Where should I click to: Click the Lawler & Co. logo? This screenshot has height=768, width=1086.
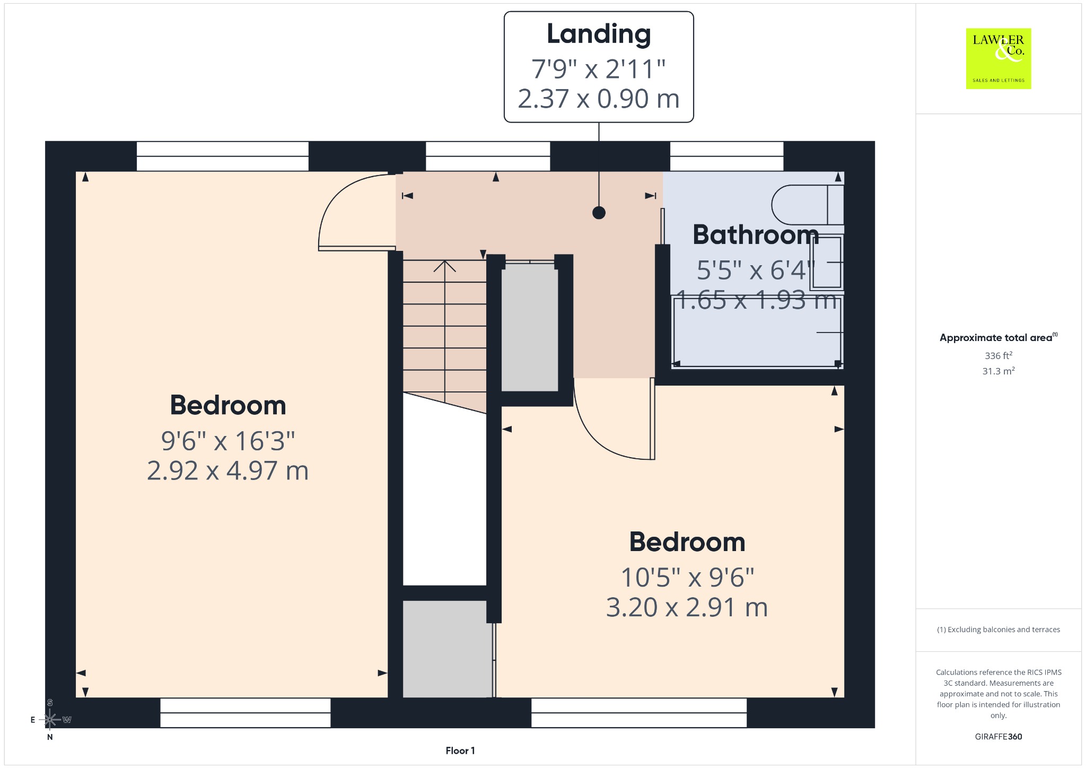[999, 58]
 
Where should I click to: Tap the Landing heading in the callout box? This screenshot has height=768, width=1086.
[599, 34]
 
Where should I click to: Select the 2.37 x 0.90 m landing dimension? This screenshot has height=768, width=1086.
[599, 99]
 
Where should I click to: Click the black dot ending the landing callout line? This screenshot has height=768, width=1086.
[599, 213]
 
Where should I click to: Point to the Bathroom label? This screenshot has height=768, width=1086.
[756, 234]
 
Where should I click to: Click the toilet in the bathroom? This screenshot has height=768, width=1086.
[807, 205]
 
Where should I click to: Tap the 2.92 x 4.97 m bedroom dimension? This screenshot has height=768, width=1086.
[227, 470]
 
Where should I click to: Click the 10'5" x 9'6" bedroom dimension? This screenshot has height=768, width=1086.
[687, 578]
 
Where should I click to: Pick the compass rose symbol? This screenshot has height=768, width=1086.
[50, 719]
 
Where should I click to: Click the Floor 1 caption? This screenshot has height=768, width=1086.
[460, 750]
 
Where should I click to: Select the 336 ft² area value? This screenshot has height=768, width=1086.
[999, 355]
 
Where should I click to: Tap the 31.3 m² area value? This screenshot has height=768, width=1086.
[999, 371]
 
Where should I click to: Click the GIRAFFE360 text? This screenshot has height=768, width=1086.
[999, 736]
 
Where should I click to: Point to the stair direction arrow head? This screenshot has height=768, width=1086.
[444, 266]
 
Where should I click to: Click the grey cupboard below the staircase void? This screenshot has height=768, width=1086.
[448, 649]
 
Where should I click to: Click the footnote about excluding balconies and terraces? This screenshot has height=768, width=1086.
[999, 630]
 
